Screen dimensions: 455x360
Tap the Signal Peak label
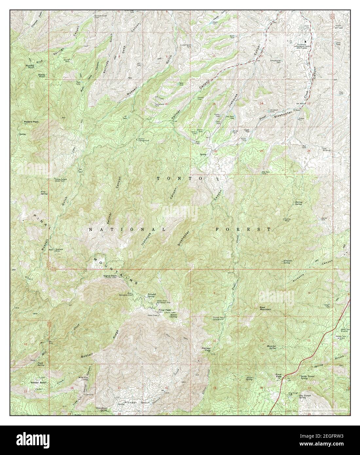110,276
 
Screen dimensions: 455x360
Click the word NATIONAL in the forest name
128,230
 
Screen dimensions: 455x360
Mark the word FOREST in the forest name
243,229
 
